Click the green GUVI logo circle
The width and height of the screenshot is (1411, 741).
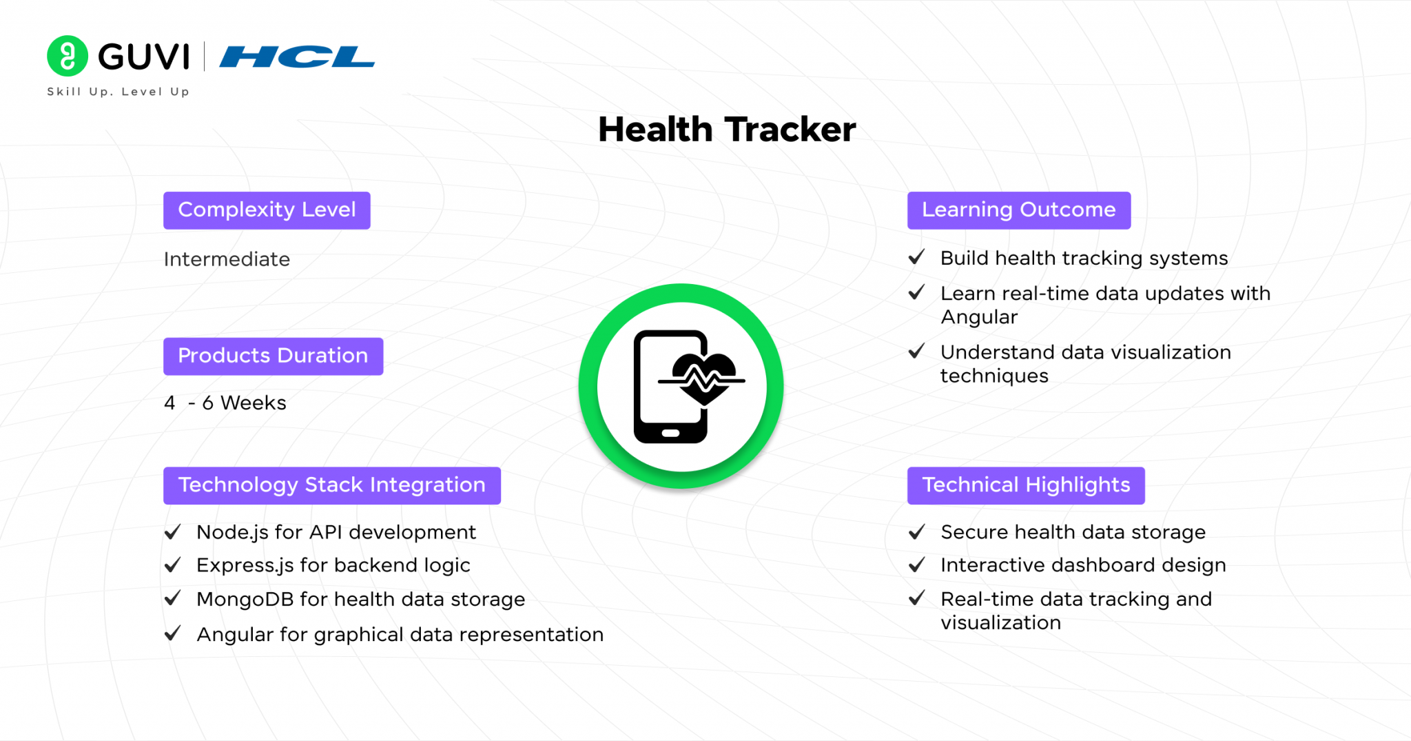68,56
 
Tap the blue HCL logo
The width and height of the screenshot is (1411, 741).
297,57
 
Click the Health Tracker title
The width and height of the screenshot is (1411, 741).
727,130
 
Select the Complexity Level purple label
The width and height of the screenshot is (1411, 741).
267,210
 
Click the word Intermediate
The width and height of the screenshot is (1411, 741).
227,259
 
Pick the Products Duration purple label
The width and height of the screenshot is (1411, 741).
273,356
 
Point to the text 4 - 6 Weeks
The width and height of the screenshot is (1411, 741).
225,403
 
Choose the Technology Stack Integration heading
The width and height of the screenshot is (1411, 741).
332,485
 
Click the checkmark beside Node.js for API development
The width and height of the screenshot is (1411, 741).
173,531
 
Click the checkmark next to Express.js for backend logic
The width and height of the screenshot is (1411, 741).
173,565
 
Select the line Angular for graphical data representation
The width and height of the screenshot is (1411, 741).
400,635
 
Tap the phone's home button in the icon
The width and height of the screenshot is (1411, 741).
670,434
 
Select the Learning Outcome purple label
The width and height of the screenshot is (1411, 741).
1019,210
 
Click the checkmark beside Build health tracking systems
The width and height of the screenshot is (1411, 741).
917,257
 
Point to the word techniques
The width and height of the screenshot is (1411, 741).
994,376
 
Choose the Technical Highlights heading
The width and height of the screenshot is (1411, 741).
1026,485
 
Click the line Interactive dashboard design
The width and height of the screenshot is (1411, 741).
1083,565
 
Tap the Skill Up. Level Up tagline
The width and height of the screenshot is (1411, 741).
118,92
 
